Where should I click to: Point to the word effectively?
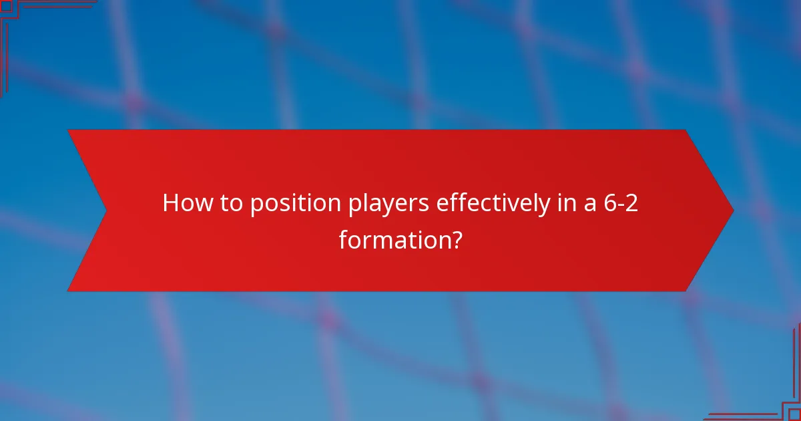[494, 203]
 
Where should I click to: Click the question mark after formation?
[456, 239]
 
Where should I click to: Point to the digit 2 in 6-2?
[631, 203]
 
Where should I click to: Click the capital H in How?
[171, 203]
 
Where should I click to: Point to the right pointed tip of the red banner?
[732, 210]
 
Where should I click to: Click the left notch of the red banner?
[105, 210]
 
